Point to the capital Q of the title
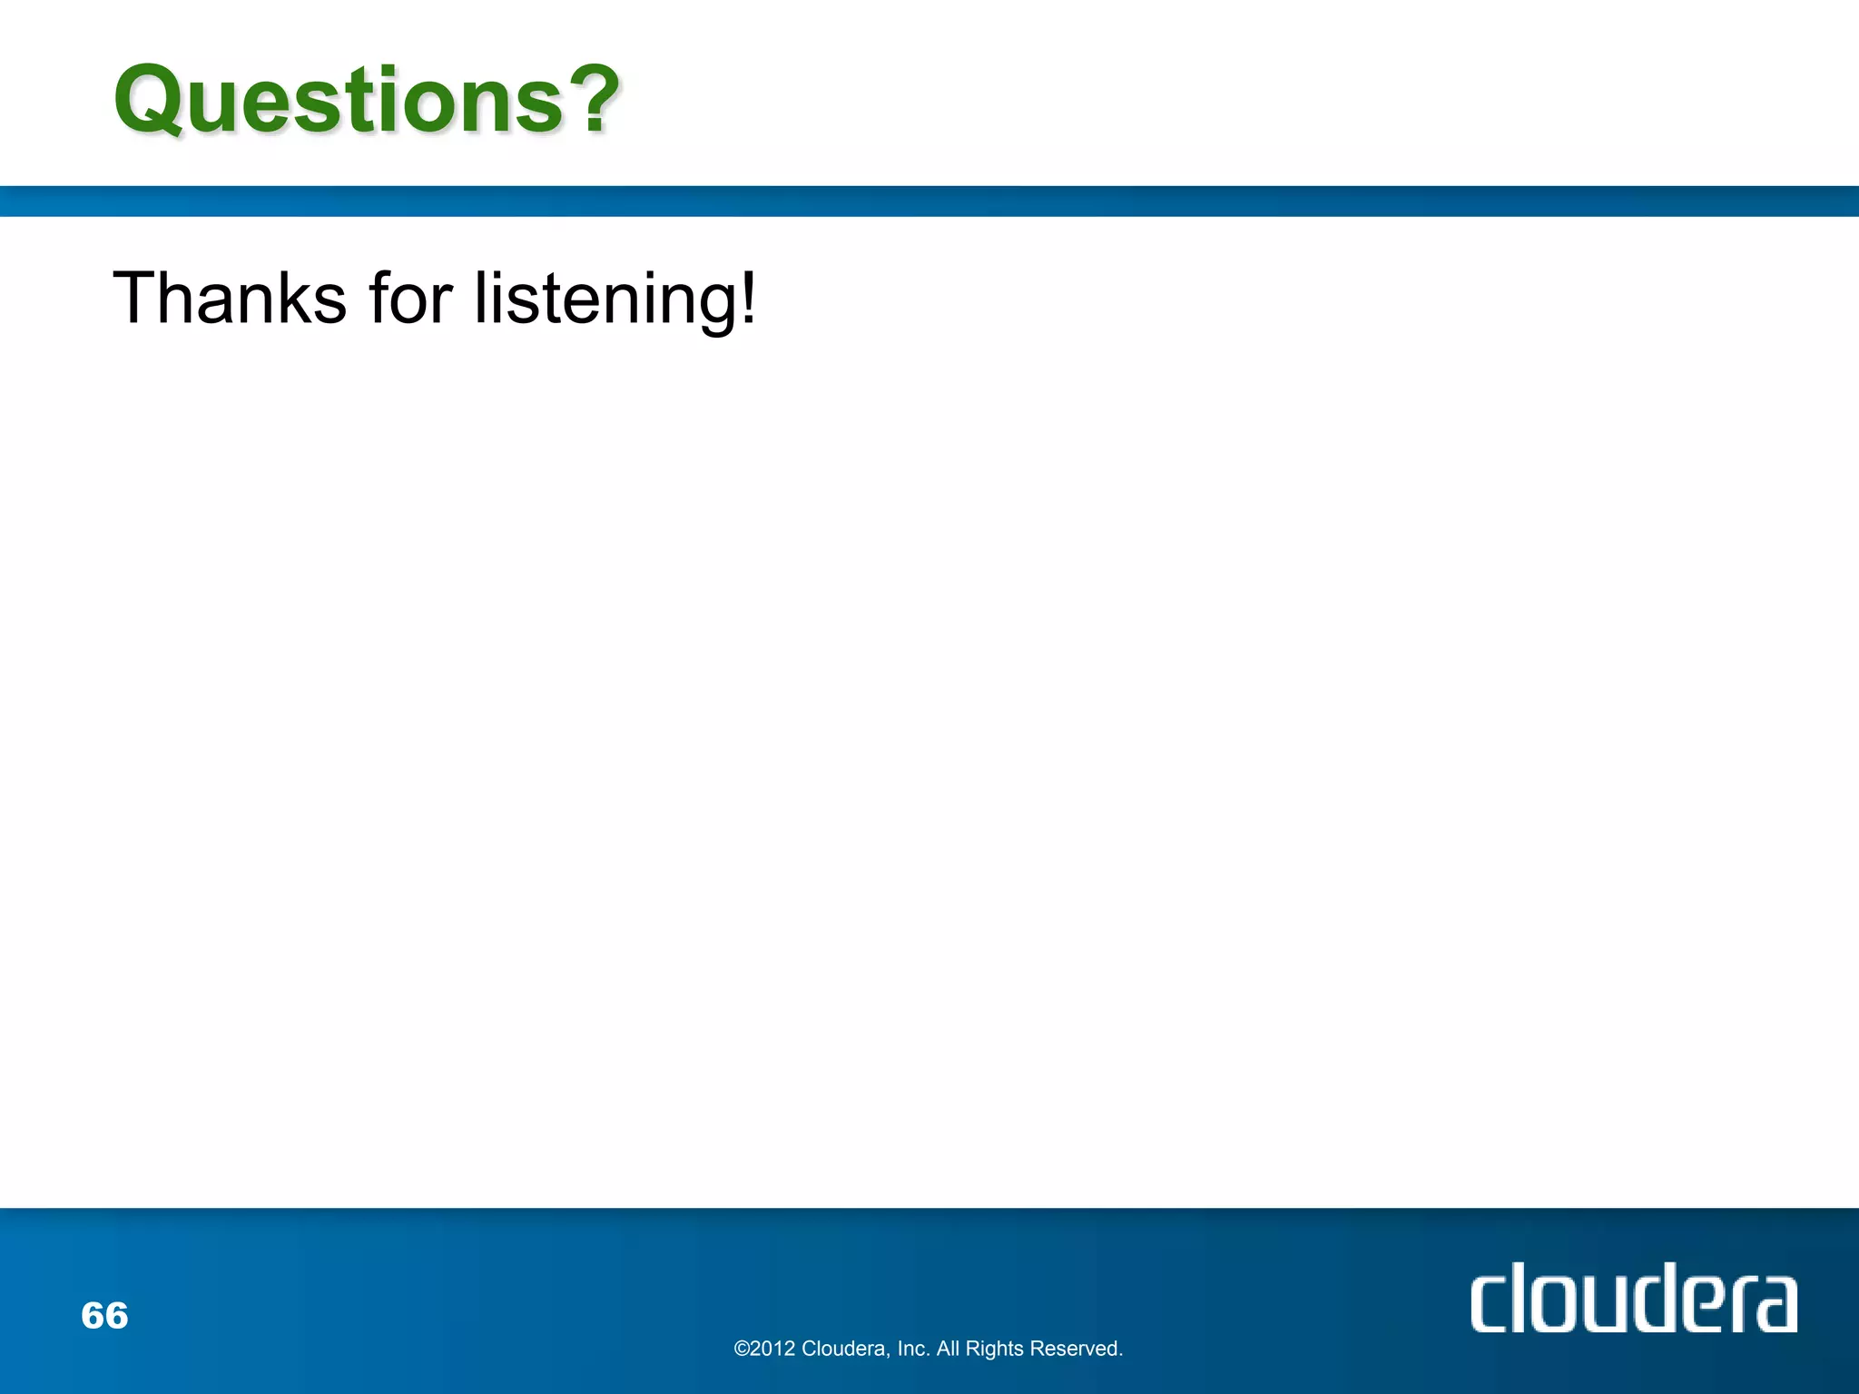[x=150, y=102]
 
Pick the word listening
[x=605, y=299]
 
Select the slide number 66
[x=104, y=1315]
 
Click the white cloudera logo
[x=1633, y=1298]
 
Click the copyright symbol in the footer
[x=742, y=1350]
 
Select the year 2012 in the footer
[x=773, y=1350]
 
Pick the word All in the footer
[x=948, y=1350]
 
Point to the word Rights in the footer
[x=995, y=1350]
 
